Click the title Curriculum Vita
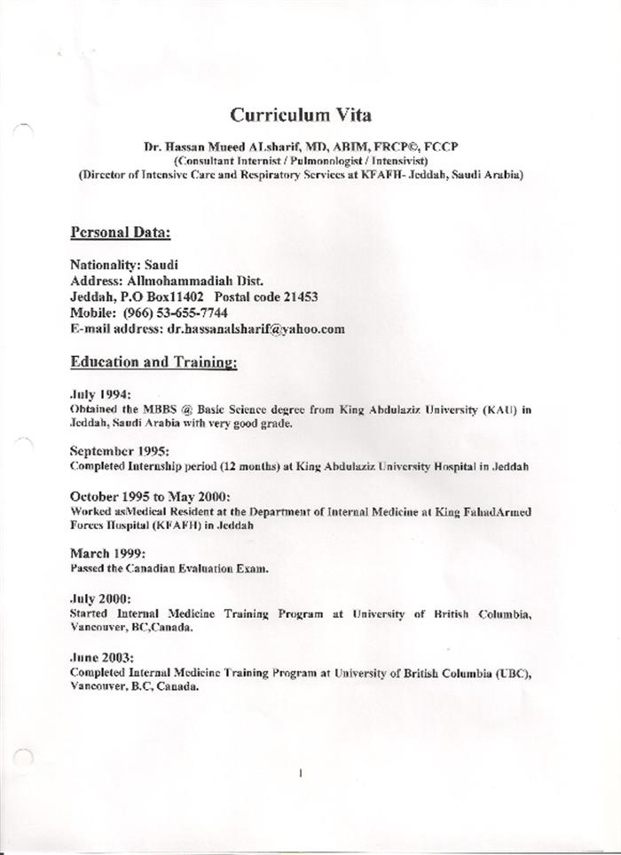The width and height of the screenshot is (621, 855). pos(301,115)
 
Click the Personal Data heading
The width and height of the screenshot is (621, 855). pos(120,233)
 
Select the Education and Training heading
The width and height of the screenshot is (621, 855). pos(153,362)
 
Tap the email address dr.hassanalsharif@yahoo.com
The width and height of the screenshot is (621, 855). pos(255,329)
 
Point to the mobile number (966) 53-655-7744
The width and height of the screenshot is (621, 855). pos(172,313)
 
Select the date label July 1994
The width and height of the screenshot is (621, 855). pos(100,392)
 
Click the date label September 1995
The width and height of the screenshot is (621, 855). pos(119,451)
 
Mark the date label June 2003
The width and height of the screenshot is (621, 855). pos(101,658)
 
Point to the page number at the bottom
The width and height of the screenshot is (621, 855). pos(301,773)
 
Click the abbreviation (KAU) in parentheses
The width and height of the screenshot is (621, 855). pos(497,408)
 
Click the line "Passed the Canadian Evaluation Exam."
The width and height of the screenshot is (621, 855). pos(168,567)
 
